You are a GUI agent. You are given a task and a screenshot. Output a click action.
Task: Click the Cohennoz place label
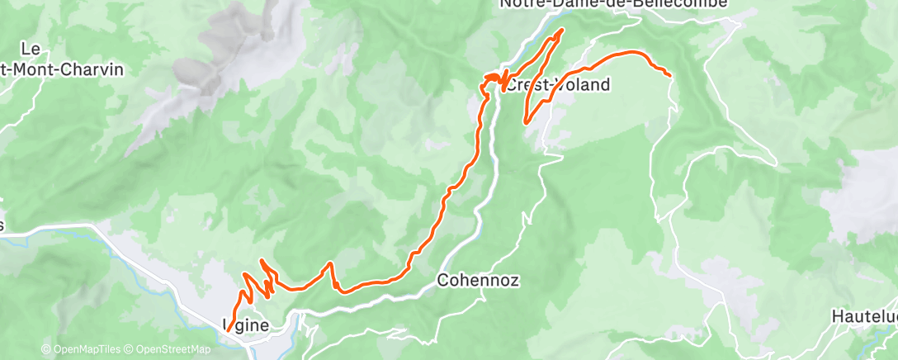tap(478, 280)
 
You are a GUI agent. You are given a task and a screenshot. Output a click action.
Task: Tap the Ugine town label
tap(246, 325)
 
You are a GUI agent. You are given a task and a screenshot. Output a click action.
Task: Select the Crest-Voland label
tap(557, 84)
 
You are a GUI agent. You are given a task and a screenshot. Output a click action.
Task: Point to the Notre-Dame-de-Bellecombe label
tap(614, 4)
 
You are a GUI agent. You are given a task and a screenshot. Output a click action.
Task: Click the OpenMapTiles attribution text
tap(83, 349)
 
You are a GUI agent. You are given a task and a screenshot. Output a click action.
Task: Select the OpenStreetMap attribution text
tap(168, 349)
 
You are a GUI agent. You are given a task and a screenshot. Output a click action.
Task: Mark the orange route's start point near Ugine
tap(228, 331)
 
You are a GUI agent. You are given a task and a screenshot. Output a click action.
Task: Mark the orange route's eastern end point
tap(669, 76)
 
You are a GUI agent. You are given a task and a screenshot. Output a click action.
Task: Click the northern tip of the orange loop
tap(562, 31)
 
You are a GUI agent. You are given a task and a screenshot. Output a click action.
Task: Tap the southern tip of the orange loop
tap(526, 123)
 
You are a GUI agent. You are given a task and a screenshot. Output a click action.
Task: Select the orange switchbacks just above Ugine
tap(256, 285)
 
